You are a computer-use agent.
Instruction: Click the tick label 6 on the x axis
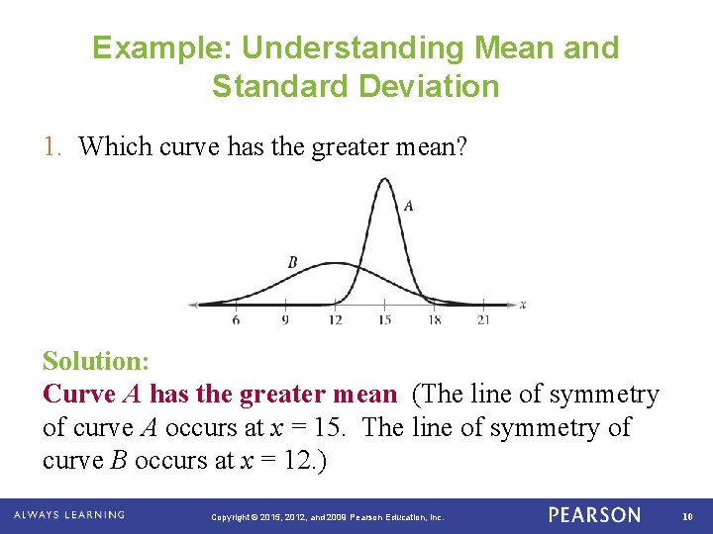tap(236, 320)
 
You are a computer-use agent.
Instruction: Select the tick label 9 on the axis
tap(285, 320)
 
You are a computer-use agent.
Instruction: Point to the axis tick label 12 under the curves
tap(335, 320)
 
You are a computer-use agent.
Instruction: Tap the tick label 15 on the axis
tap(384, 320)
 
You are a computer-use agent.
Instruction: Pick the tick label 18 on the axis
tap(434, 320)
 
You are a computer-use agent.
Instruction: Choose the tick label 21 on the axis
tap(483, 320)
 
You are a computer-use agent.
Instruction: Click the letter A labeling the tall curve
tap(409, 206)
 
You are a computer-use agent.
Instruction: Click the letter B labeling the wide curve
tap(292, 262)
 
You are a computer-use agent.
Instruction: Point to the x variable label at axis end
tap(522, 304)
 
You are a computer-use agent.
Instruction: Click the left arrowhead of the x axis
tap(194, 304)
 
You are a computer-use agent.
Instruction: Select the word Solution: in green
tap(95, 361)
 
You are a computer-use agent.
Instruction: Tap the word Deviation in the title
tap(430, 86)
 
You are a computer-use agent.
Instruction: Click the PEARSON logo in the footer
tap(594, 515)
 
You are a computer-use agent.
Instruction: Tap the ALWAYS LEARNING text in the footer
tap(69, 515)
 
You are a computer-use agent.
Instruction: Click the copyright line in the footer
tap(329, 516)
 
